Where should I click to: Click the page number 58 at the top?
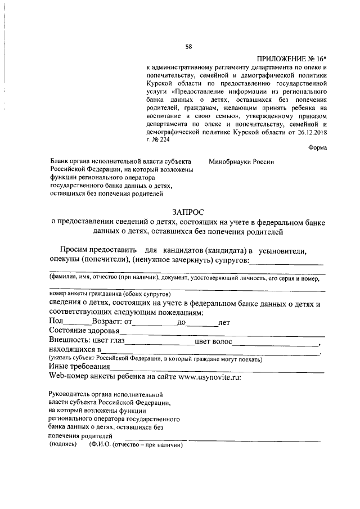188,46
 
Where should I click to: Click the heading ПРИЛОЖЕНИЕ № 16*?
292,59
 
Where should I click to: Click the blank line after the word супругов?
286,263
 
